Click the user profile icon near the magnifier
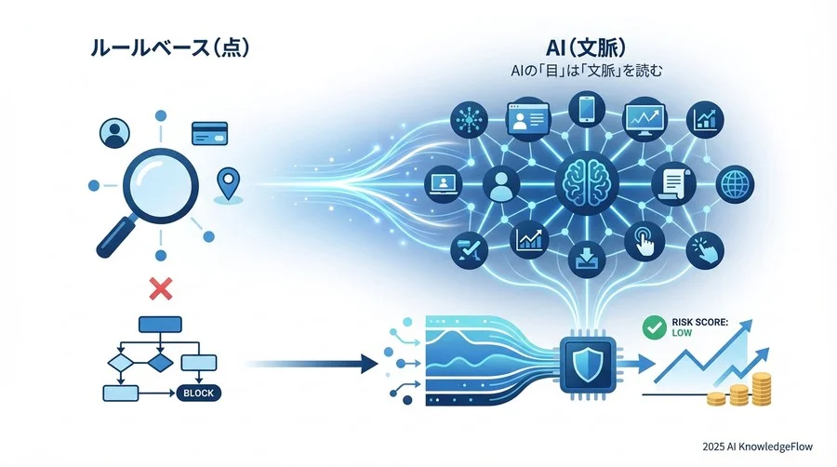113,133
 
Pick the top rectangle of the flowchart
159,324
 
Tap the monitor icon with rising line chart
644,119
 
